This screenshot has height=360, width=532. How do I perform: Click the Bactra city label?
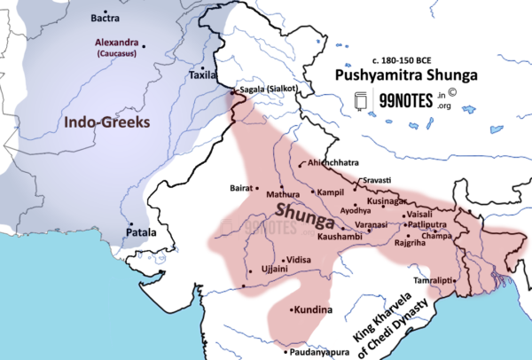[x=106, y=18]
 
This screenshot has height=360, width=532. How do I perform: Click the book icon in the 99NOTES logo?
[x=362, y=101]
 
